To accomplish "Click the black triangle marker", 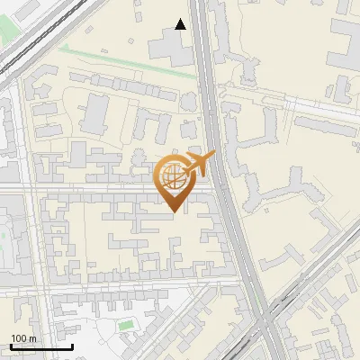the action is pos(181,24).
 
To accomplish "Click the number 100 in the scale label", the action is pos(18,338).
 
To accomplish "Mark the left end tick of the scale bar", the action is pos(11,346).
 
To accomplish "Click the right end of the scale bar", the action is pos(72,346).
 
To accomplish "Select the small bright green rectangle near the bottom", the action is pos(125,323).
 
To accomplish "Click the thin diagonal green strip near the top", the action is pos(126,60).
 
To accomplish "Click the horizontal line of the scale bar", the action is pos(41,347).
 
